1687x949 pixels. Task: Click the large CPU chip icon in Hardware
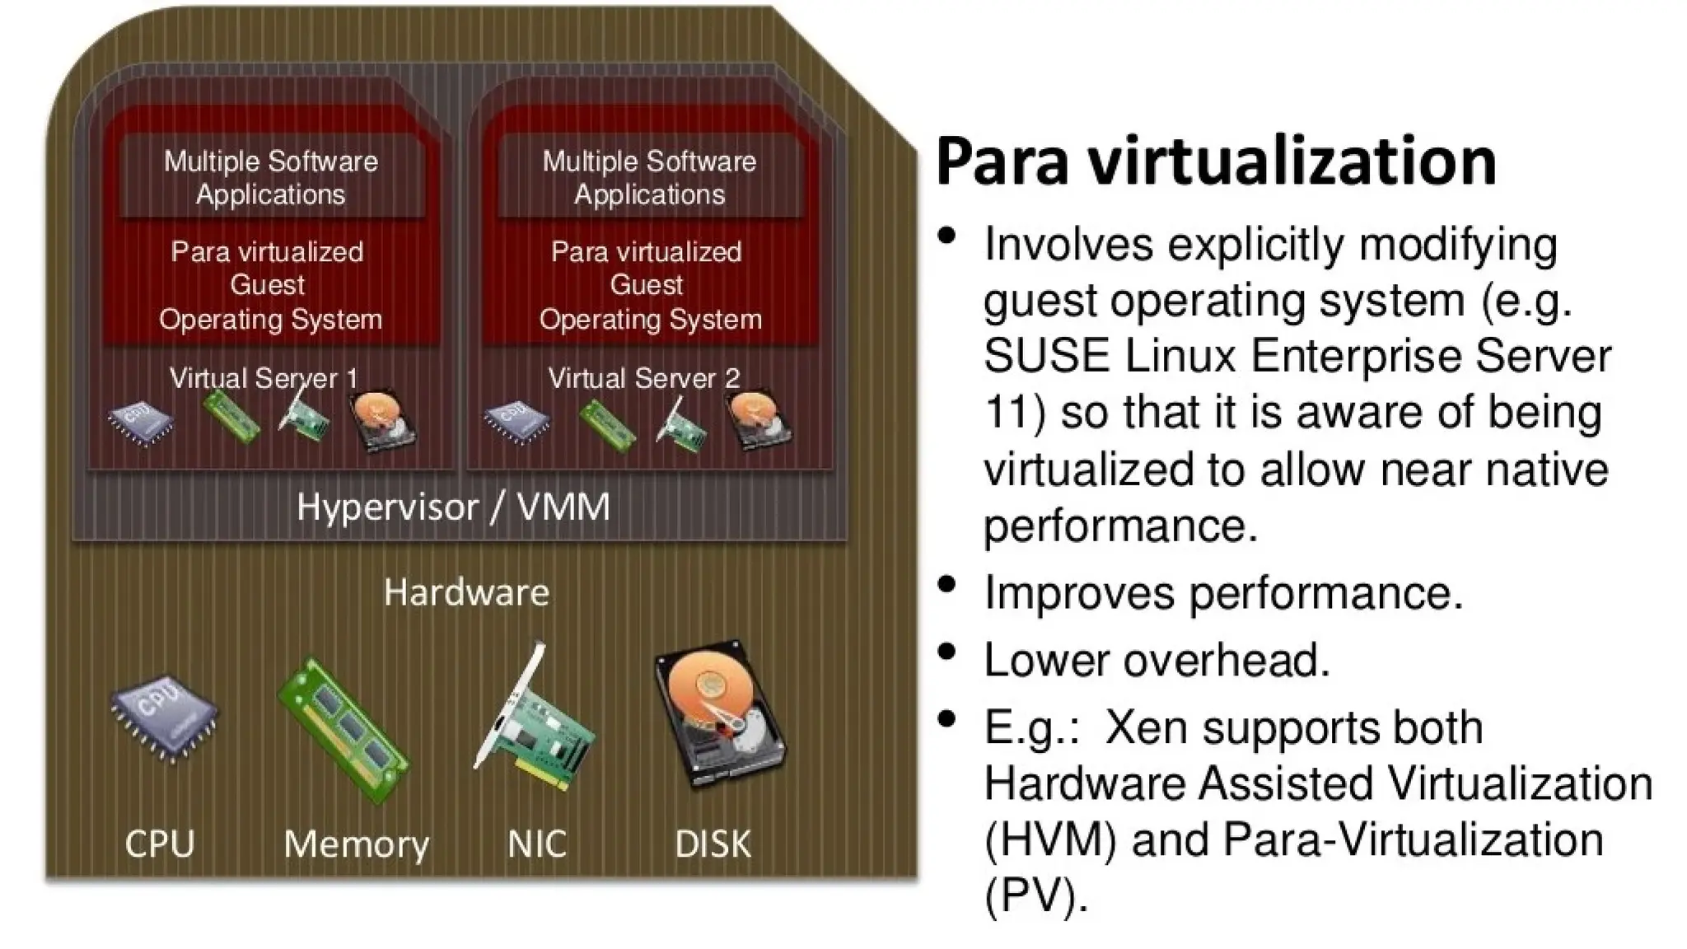(164, 718)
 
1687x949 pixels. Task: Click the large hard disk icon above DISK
(719, 713)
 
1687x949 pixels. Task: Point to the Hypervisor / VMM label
(453, 507)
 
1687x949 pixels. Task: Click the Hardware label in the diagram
(466, 592)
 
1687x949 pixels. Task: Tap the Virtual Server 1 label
(264, 378)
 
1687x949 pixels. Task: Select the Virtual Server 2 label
(644, 378)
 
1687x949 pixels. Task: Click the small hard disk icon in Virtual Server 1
(382, 421)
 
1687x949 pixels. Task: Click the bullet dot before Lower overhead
(947, 652)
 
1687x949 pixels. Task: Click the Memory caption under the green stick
(356, 844)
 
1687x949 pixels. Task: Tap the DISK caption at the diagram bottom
(713, 844)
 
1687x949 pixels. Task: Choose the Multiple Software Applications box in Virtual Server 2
(649, 177)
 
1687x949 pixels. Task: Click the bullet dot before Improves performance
(947, 584)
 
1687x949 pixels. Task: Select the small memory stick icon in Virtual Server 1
(231, 416)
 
